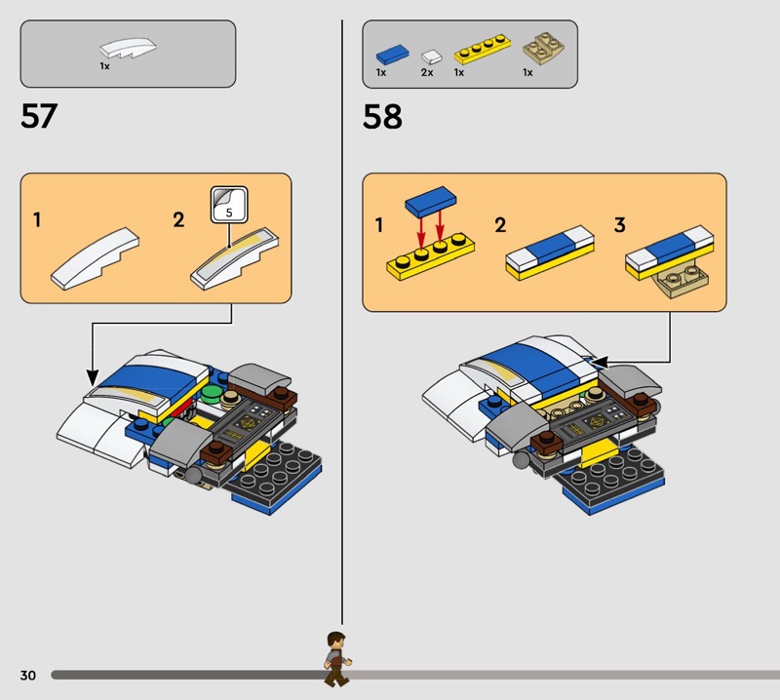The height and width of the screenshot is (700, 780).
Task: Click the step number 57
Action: click(x=39, y=116)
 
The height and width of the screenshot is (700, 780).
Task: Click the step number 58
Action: click(x=382, y=117)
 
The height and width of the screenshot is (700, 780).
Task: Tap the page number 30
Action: click(x=28, y=675)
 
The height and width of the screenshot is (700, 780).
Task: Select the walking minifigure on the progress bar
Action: click(x=337, y=659)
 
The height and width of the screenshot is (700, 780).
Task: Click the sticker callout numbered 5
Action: click(x=229, y=205)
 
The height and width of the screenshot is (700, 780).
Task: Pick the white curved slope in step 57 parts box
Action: click(x=128, y=48)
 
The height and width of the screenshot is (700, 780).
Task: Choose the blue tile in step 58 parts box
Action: click(x=393, y=54)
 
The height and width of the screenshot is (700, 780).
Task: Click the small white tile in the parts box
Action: click(x=431, y=57)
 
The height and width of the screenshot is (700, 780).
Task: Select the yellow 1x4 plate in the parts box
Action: click(x=482, y=50)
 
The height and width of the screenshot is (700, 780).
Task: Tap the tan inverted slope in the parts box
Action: click(x=543, y=50)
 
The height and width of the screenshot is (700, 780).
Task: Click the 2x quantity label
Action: click(x=427, y=73)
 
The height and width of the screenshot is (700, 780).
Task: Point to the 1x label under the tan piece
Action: click(x=527, y=73)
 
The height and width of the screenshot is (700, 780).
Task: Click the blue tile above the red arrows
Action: click(x=431, y=201)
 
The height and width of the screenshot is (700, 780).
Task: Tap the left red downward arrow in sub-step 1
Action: click(x=421, y=230)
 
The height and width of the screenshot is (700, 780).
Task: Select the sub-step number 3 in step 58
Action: click(x=619, y=225)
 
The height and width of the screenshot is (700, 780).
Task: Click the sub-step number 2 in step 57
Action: click(x=178, y=220)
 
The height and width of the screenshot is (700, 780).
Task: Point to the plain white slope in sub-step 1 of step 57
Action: click(x=95, y=258)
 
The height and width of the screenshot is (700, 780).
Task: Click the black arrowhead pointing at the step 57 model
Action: click(x=93, y=378)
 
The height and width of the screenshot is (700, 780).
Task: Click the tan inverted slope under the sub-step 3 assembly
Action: click(x=681, y=280)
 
